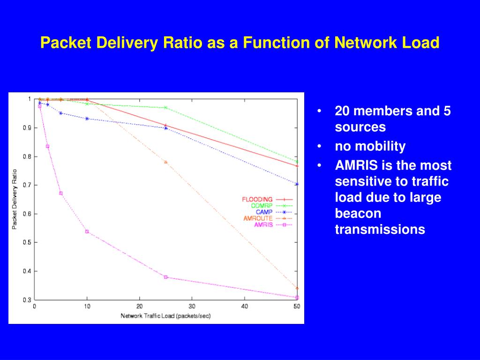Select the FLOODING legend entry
coord(257,199)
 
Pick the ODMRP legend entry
coord(262,205)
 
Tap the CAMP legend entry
coord(264,212)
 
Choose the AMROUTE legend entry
coord(258,218)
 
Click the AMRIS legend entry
coord(263,225)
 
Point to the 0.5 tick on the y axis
coord(27,242)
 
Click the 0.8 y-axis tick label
coord(27,157)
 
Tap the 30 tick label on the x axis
coord(192,307)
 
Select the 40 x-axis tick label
coord(244,307)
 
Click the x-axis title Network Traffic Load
coord(165,315)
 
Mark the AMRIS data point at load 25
coord(166,277)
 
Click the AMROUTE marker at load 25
coord(165,162)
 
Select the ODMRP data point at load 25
coord(165,107)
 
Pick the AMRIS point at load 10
coord(87,232)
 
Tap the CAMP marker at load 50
coord(297,184)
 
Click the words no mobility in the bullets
coord(370,146)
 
